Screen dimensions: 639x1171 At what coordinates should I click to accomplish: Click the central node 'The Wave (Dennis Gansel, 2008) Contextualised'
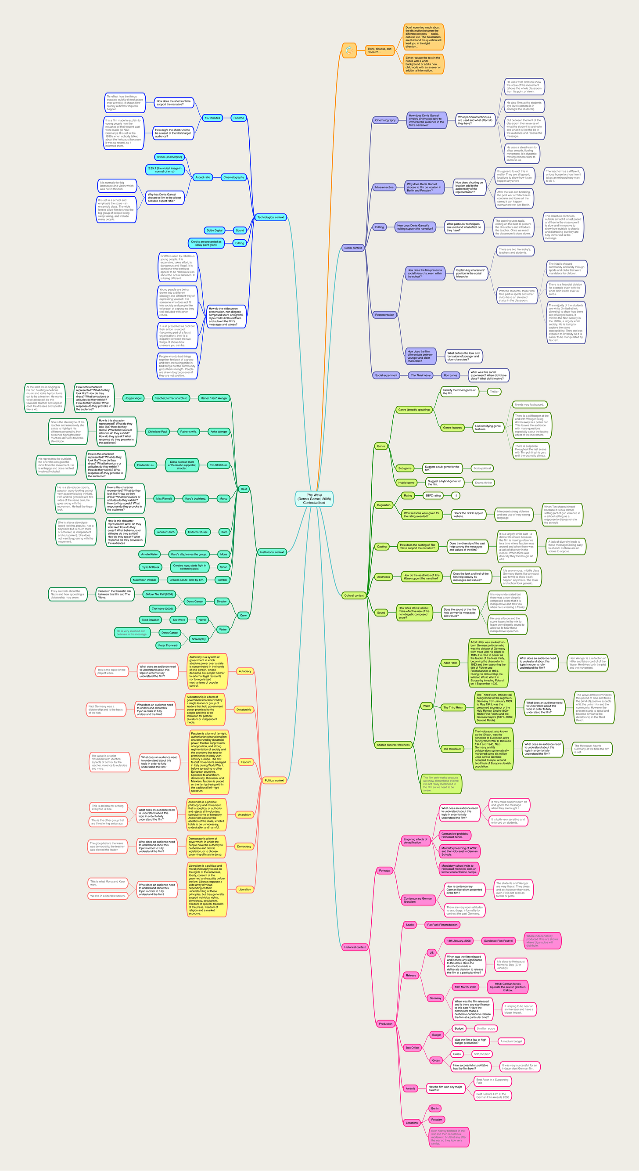pos(314,499)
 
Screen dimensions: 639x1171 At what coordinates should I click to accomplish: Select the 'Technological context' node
pos(270,217)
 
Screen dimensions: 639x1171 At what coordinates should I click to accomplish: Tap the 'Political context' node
pos(274,780)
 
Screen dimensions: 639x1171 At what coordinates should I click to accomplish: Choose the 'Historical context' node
pos(355,947)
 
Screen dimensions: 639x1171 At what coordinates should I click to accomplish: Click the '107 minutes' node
pos(212,118)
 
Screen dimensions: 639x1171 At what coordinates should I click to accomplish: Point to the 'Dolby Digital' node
pos(215,231)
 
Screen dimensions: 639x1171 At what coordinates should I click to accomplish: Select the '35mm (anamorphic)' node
pos(169,157)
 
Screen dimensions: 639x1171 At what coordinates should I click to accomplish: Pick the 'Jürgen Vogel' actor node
pos(133,398)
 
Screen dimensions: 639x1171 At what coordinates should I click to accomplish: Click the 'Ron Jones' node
pos(450,375)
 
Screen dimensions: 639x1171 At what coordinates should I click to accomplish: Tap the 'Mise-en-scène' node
pos(384,187)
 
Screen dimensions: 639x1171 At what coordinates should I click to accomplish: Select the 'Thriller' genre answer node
pos(494,391)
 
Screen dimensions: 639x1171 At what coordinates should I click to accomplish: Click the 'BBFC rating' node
pos(433,496)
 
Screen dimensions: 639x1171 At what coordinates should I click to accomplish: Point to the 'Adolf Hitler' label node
pos(450,663)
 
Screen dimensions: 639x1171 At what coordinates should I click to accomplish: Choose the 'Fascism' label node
pos(246,762)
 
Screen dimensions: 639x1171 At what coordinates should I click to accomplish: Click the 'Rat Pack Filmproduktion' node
pos(442,925)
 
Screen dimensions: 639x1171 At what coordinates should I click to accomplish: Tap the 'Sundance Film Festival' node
pos(498,940)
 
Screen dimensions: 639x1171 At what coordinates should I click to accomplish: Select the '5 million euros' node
pos(486,1028)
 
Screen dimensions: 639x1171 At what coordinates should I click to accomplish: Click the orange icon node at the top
pos(348,50)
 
